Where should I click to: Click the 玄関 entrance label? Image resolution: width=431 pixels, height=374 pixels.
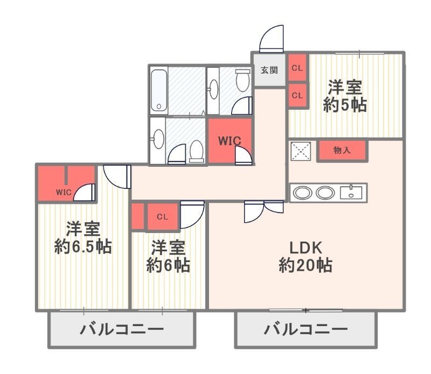point(269,70)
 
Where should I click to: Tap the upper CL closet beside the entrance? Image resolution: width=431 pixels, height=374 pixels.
point(297,68)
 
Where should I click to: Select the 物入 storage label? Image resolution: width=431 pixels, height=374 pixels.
point(342,150)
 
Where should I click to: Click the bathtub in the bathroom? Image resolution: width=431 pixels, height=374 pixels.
point(159,90)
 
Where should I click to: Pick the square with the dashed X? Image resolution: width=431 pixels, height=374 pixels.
point(301,151)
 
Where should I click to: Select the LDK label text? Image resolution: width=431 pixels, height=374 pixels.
point(305,248)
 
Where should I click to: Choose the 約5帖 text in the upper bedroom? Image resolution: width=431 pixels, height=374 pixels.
point(345,104)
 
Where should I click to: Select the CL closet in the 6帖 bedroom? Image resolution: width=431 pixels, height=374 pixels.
point(162,217)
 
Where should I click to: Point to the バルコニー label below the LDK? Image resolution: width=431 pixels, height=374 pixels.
point(305,329)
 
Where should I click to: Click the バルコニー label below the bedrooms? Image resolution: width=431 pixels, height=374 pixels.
point(122,329)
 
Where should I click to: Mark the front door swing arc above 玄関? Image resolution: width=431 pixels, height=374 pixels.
point(272,39)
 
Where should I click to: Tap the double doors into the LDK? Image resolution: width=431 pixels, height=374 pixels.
point(263,211)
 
